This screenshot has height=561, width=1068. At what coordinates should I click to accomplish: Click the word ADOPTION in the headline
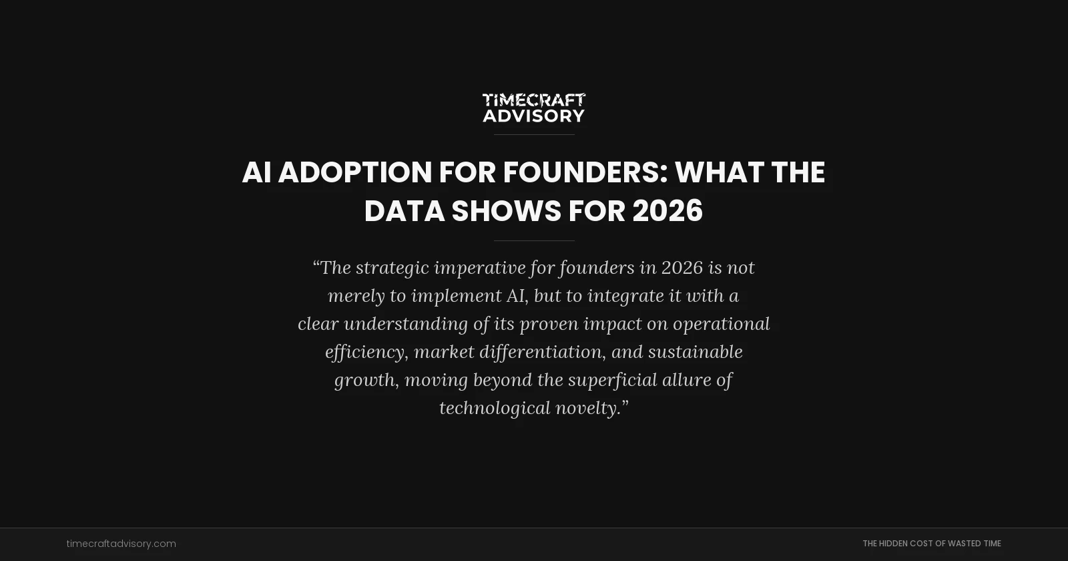[354, 172]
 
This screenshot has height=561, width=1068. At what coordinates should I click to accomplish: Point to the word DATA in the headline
[404, 211]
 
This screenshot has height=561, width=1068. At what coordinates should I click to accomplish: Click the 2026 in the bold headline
[667, 211]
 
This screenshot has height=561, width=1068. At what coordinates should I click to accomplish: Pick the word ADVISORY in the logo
[533, 116]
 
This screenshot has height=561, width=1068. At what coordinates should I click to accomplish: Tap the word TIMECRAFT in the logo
[533, 100]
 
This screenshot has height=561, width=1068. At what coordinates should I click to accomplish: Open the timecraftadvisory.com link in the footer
[121, 544]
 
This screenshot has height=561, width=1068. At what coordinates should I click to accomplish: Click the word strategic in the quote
[392, 268]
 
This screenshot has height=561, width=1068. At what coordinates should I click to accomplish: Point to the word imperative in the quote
[479, 268]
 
